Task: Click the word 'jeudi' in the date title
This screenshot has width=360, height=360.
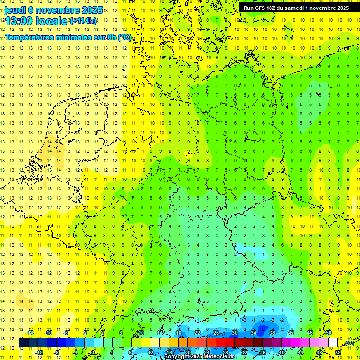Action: [x=15, y=10]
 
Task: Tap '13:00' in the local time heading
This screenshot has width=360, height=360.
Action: [x=18, y=21]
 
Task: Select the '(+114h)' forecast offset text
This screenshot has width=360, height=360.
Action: [x=83, y=21]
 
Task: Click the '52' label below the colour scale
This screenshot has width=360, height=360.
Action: [x=337, y=352]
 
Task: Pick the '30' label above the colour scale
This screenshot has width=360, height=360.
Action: [x=234, y=333]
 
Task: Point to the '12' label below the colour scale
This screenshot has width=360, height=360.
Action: [x=150, y=352]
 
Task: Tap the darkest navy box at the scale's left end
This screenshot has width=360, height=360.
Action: [x=23, y=343]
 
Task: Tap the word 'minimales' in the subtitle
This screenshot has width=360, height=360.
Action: [x=76, y=37]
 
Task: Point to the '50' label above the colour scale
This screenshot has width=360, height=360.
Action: [x=328, y=333]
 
